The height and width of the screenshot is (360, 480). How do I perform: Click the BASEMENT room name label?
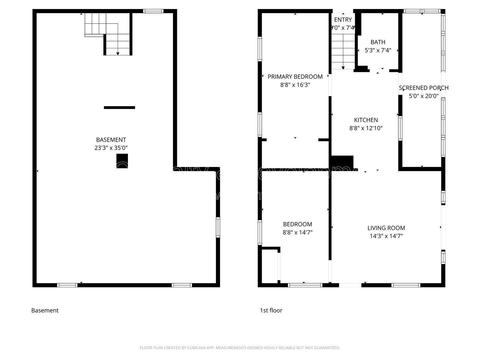111,140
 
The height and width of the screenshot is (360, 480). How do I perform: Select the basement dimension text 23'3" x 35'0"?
111,148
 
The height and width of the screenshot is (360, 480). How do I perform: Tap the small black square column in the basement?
122,161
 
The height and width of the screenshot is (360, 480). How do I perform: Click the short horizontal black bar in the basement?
119,107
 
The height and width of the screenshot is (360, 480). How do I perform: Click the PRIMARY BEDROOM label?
295,77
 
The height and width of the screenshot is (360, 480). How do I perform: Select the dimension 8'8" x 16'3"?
295,85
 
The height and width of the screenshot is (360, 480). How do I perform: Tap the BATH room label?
378,42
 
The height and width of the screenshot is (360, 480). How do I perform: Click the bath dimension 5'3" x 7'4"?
378,50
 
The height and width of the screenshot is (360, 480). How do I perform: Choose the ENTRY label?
343,20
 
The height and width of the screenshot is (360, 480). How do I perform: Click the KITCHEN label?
366,120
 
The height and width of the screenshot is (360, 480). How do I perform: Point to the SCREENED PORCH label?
423,88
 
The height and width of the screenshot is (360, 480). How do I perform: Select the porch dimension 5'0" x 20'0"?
423,96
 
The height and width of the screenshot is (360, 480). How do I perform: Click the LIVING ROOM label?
386,228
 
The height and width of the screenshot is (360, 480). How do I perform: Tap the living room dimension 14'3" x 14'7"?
386,236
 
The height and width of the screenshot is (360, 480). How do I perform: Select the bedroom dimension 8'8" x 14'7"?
297,233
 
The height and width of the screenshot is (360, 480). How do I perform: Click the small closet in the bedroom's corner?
269,266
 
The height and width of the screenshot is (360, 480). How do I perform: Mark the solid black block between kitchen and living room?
342,162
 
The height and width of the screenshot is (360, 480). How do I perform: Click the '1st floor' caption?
271,310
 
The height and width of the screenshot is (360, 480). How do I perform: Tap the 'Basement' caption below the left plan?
45,310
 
